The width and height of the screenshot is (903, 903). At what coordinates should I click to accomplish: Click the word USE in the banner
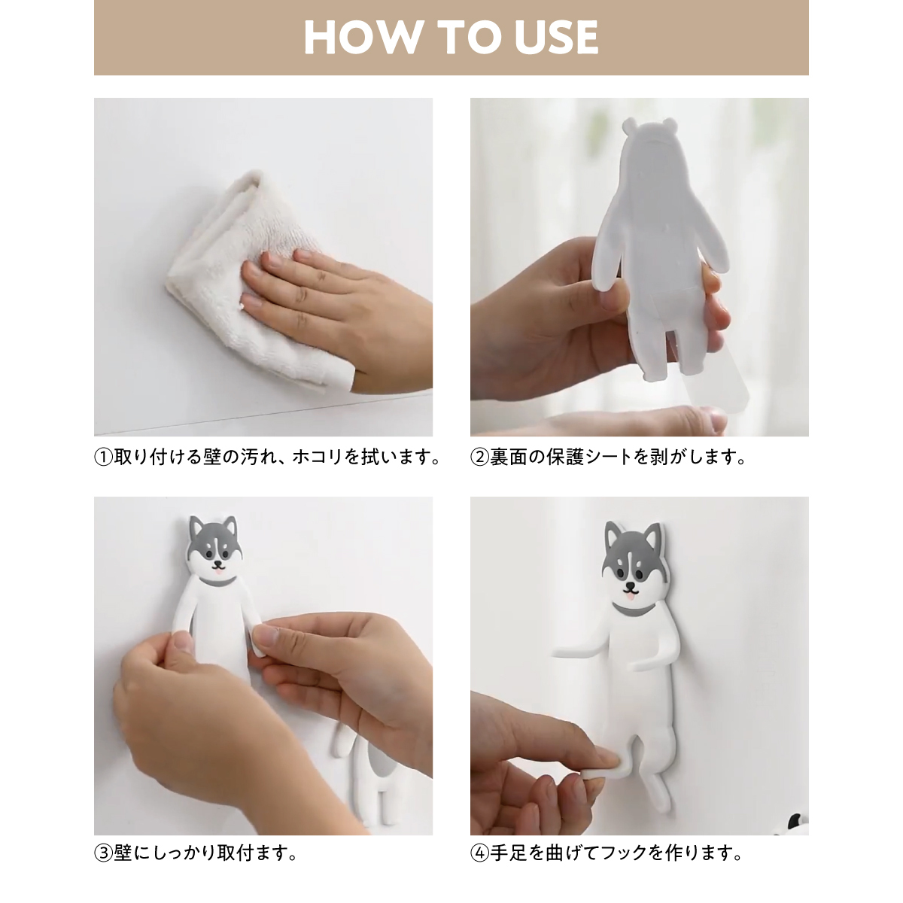point(556,38)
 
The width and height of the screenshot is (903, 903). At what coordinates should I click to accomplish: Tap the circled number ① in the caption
point(104,458)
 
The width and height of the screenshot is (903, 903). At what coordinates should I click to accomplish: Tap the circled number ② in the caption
point(480,458)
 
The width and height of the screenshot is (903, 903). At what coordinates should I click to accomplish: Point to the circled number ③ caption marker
point(104,853)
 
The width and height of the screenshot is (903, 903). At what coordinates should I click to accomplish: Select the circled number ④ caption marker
point(480,853)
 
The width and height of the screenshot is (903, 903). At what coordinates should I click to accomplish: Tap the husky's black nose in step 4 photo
point(631,586)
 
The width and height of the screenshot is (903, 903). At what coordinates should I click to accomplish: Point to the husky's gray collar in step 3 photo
point(217,582)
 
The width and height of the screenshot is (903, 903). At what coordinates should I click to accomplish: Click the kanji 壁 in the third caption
point(123,853)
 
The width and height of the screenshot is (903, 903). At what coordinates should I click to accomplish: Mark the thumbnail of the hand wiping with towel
point(263,267)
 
